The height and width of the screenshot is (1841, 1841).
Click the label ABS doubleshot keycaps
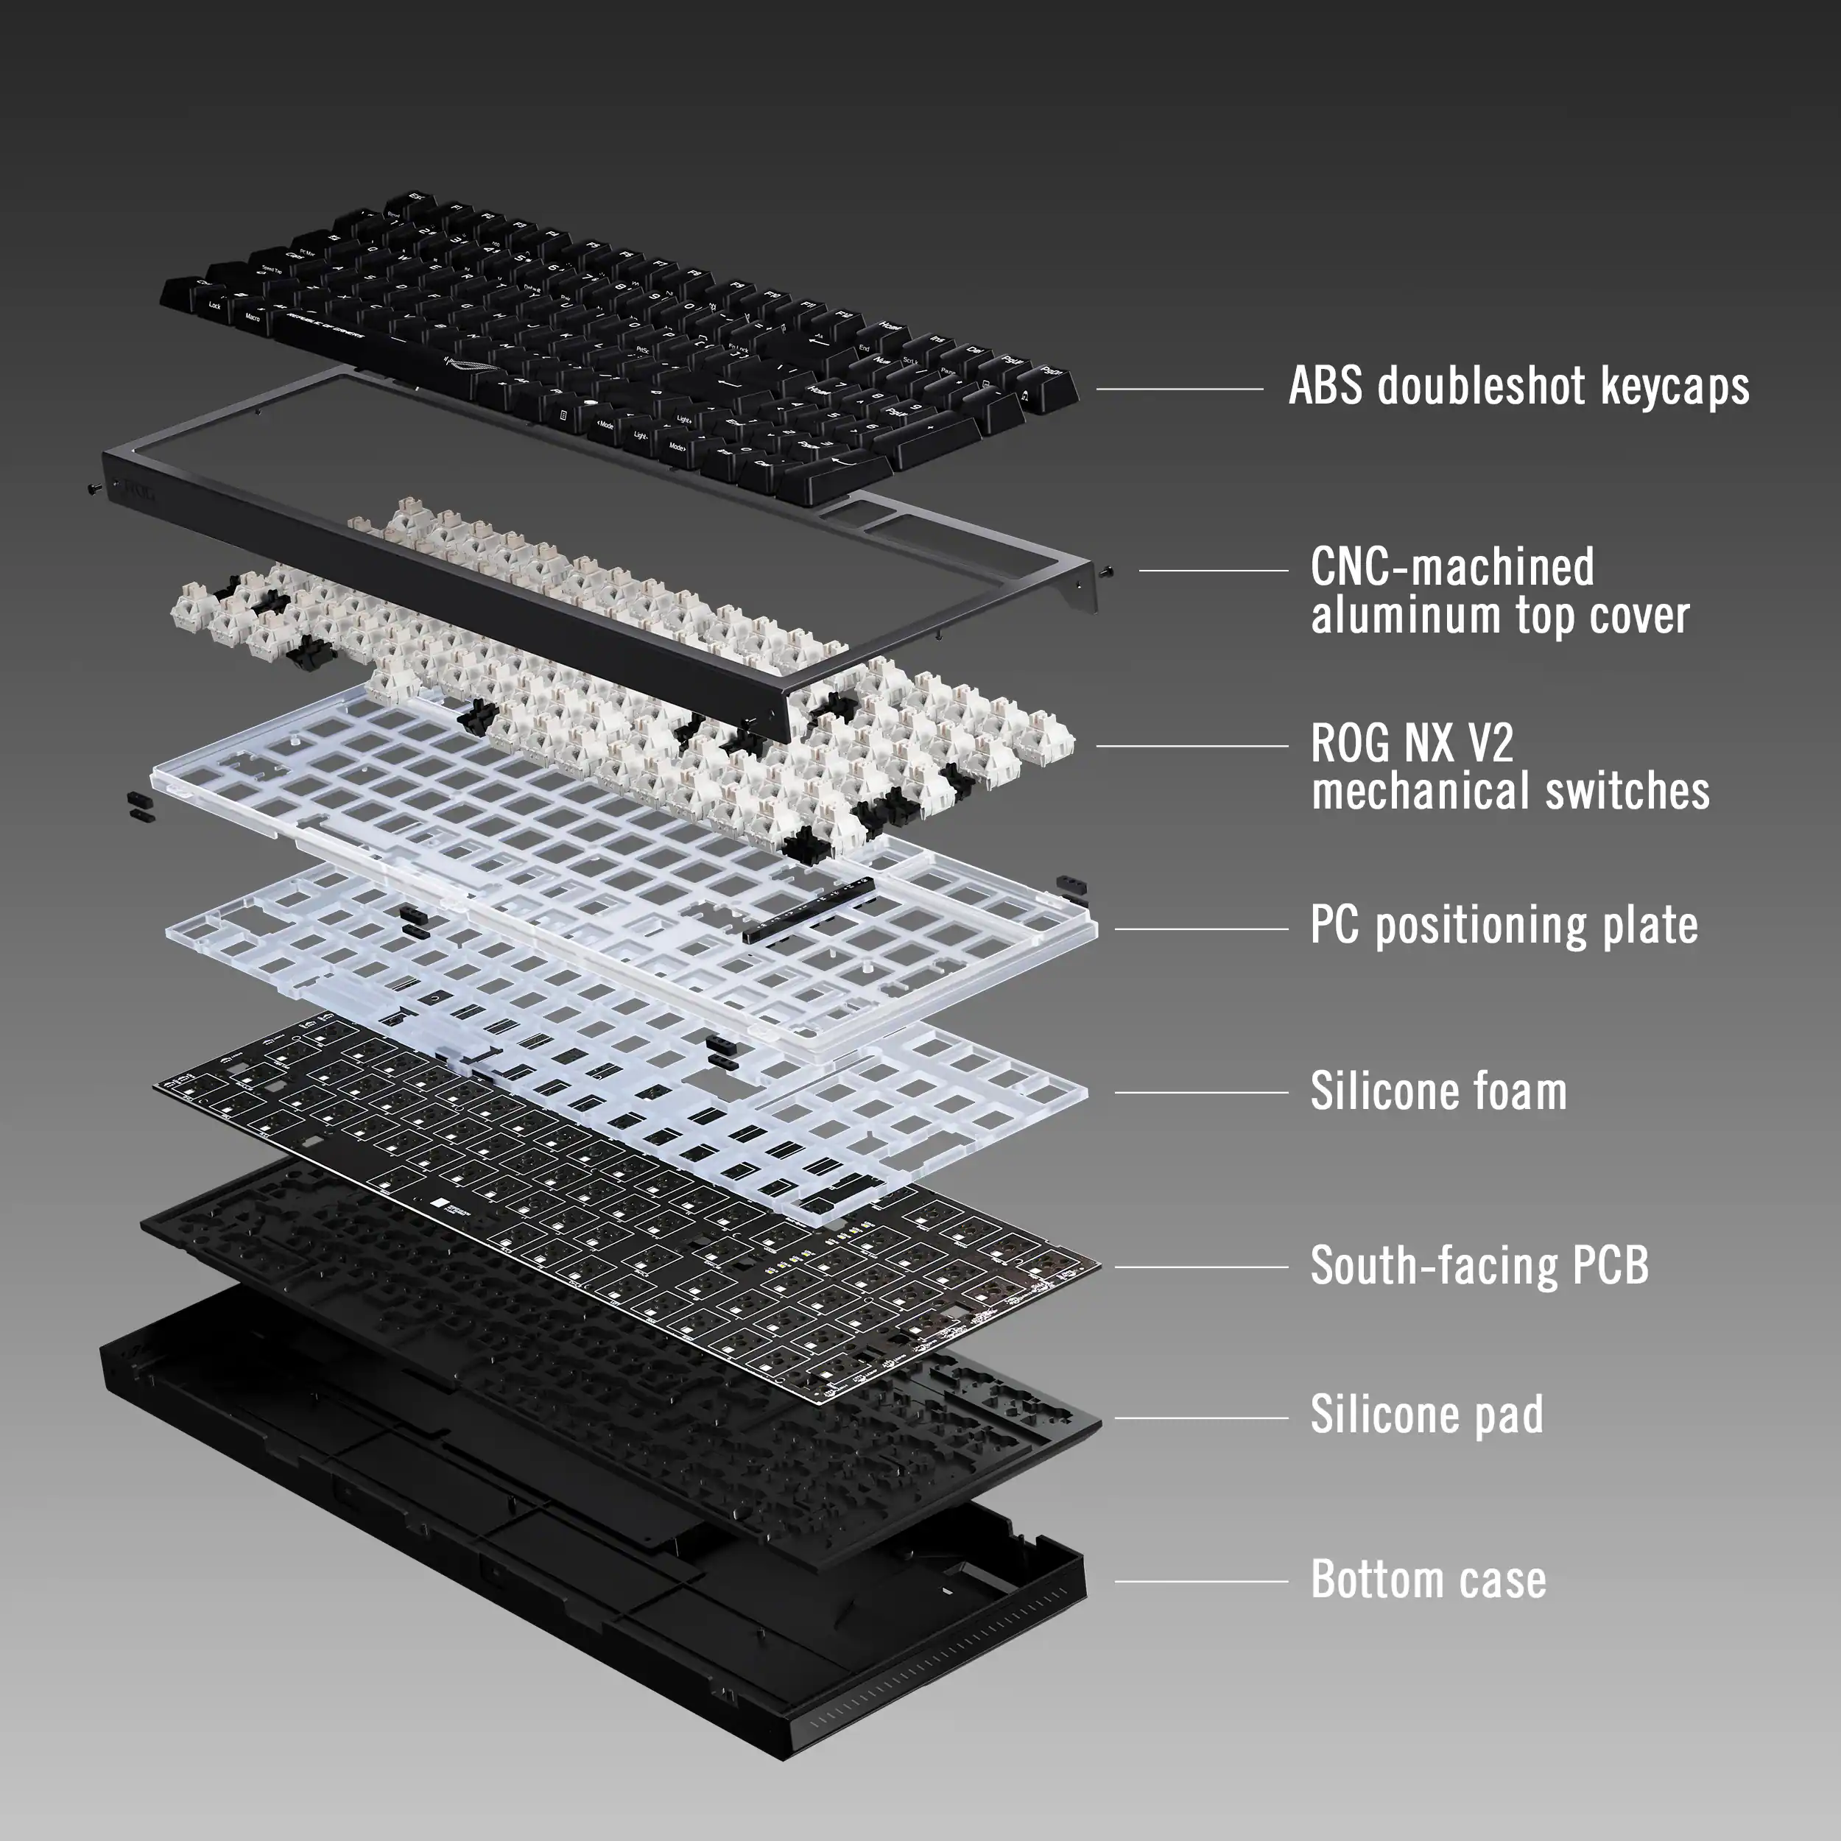(1518, 387)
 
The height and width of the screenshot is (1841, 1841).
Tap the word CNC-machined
(1451, 568)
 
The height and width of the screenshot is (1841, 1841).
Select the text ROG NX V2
(1411, 745)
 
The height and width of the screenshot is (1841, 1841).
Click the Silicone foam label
(1438, 1092)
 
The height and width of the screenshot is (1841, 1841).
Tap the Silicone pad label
(1426, 1415)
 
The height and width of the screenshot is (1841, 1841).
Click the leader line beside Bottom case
(1200, 1582)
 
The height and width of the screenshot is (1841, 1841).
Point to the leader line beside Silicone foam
(1200, 1093)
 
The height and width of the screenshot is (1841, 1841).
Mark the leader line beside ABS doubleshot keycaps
(1179, 389)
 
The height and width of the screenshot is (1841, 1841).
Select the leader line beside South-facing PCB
(1200, 1267)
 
